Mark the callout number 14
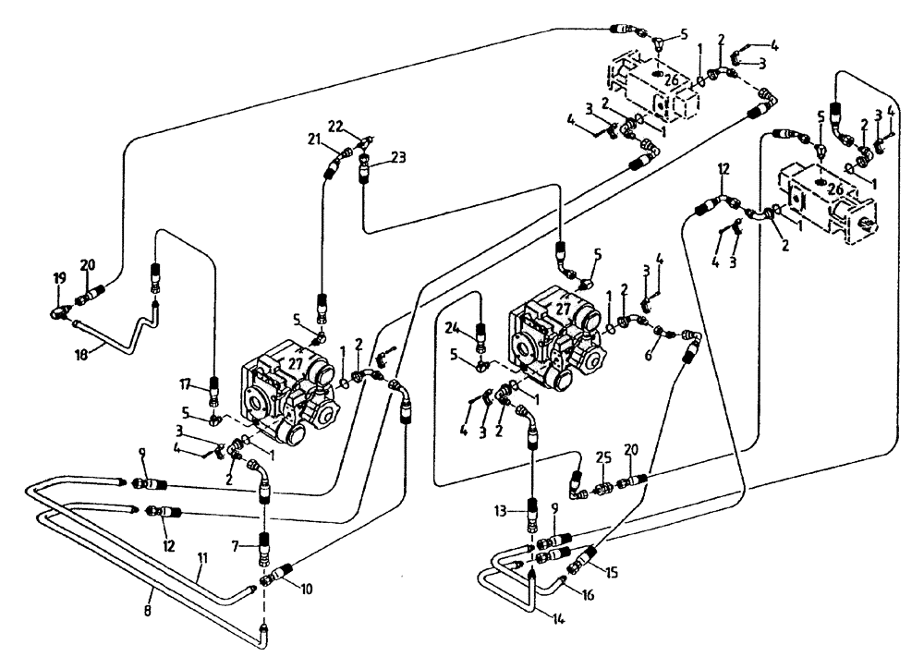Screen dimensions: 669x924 click(x=533, y=620)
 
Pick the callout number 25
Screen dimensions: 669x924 click(x=603, y=457)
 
